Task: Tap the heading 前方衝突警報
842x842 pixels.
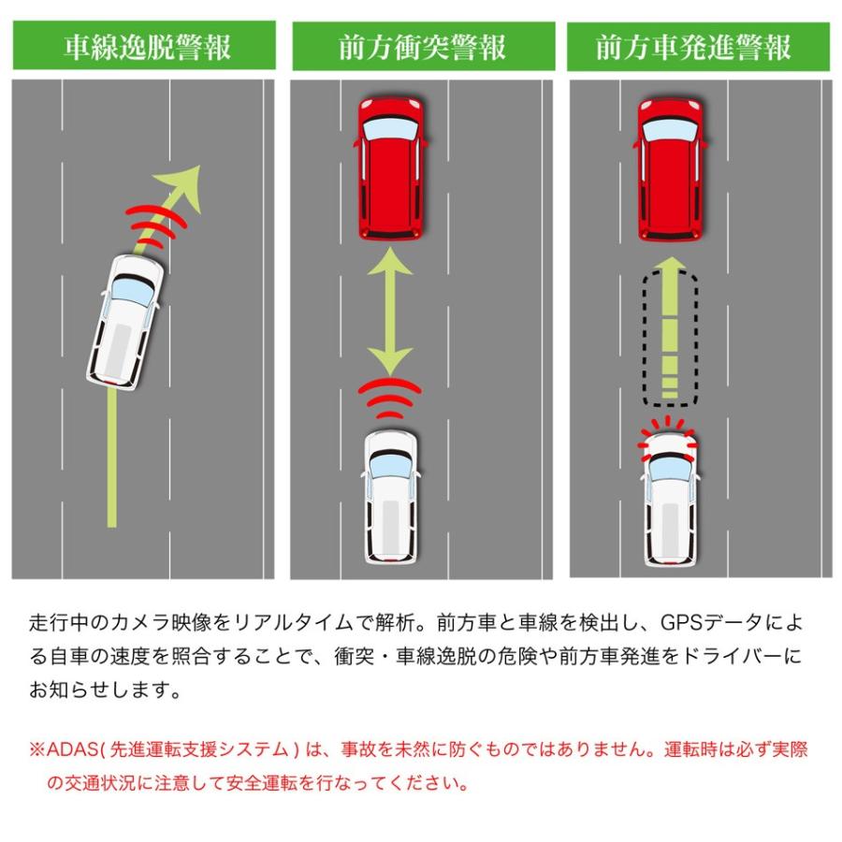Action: (423, 47)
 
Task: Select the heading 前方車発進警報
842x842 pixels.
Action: (694, 47)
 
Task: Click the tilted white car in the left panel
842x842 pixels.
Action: (124, 322)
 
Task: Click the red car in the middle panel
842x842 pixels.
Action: (390, 168)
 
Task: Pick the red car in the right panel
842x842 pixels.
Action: (670, 168)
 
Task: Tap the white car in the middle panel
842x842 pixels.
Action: (390, 497)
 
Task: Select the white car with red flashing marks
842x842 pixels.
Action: (670, 498)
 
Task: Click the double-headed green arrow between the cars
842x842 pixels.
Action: (390, 312)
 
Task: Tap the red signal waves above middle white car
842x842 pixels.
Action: (390, 398)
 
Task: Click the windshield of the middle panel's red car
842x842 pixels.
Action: (390, 129)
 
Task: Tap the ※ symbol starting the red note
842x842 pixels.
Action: (37, 749)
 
